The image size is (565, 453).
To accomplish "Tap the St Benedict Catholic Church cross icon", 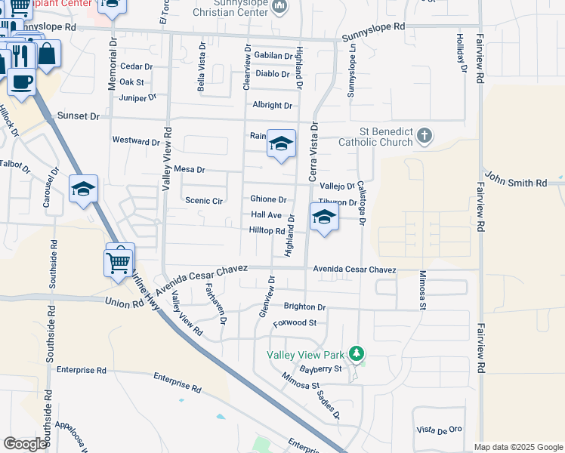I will coord(425,136).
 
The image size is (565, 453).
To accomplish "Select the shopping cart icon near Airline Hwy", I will coord(119,263).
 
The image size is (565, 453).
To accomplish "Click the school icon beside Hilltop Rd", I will coord(324,217).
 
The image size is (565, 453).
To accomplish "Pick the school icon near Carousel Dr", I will coord(83,189).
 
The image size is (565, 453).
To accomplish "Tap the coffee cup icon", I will coord(22,80).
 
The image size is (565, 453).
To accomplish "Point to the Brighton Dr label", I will coord(304,307).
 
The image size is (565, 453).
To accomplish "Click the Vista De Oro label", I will coord(439,430).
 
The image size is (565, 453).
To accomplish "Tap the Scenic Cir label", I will coord(204,201).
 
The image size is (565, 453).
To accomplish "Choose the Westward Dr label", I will coord(136,140).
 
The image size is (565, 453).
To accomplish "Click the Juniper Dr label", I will coord(137,97).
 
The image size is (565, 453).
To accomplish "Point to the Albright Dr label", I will coord(272,106).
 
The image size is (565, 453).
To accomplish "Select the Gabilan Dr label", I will coord(273,56).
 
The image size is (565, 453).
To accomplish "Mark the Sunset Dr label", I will coord(78,117).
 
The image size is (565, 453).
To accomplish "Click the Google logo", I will coord(25,444).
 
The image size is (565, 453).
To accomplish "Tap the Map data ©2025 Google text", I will coord(518,447).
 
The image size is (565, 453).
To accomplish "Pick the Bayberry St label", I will coord(321,369).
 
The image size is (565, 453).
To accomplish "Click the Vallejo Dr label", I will coord(337,186).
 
